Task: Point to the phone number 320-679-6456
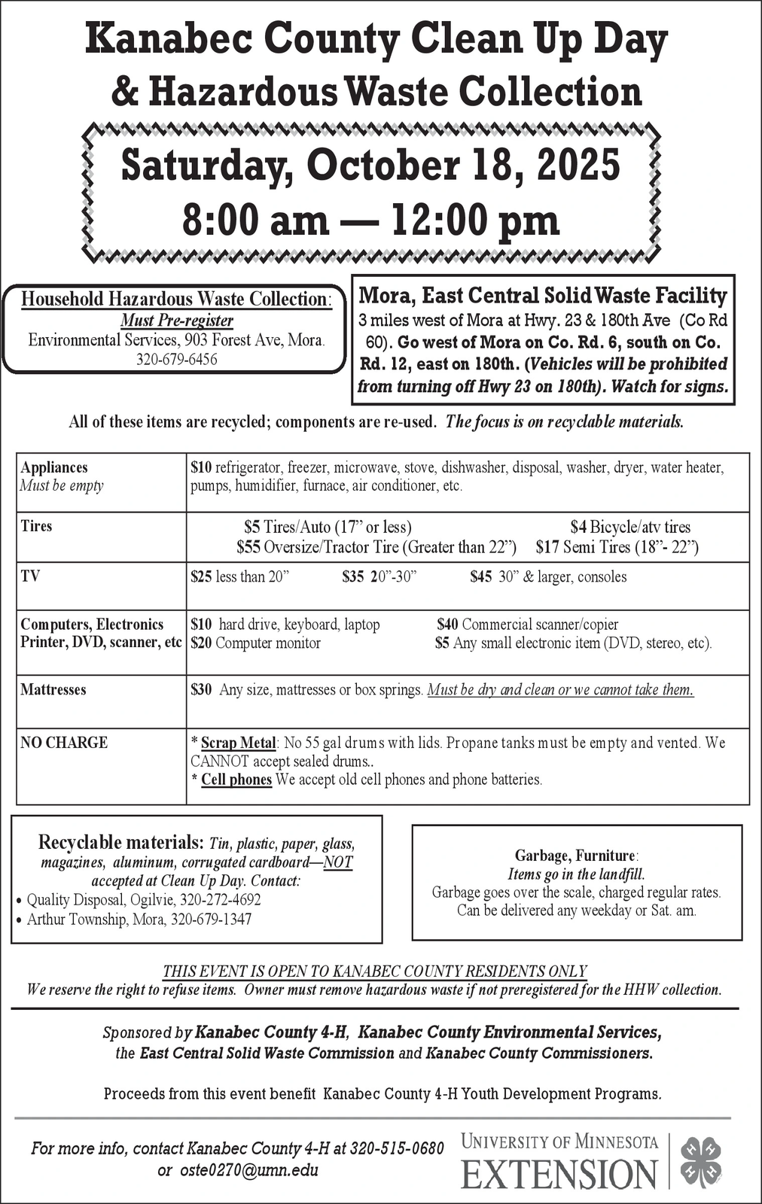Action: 176,360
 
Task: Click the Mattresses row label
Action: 53,689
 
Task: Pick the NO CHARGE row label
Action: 64,743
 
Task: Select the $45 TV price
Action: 480,577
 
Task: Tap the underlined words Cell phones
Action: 236,780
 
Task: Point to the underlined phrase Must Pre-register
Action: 177,321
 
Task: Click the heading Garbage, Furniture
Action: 576,856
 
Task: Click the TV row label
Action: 30,576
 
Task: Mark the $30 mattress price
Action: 201,690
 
